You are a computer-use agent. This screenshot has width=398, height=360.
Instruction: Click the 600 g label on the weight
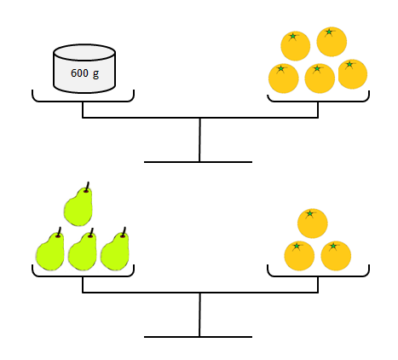point(84,73)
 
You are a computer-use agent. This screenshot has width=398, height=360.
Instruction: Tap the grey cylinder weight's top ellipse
point(84,53)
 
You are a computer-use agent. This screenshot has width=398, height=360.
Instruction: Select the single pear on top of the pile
point(78,204)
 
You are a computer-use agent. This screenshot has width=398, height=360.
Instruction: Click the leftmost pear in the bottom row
point(50,249)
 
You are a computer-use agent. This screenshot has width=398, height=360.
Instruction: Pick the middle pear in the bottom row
point(83,249)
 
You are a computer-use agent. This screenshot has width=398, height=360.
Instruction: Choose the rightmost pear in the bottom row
point(115,249)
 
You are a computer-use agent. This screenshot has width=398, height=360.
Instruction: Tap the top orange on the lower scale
point(313,224)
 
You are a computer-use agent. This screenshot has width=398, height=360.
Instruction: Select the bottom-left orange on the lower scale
point(299,256)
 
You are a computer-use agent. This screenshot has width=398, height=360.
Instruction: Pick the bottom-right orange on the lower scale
point(336,256)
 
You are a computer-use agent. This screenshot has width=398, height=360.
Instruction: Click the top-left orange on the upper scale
point(296,46)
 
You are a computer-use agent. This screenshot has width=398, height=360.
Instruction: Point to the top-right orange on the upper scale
point(332,42)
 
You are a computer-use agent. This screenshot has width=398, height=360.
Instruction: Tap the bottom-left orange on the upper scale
point(284,78)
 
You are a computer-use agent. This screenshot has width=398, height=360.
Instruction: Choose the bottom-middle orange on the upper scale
point(320,78)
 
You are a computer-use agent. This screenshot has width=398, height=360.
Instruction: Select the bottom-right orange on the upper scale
point(353,74)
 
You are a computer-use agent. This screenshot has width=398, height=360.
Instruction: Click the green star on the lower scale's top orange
point(310,213)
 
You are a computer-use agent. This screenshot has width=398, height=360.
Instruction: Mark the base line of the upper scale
point(198,162)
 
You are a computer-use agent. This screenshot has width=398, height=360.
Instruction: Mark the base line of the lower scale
point(198,337)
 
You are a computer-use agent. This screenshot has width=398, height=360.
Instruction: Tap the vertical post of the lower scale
point(199,315)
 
